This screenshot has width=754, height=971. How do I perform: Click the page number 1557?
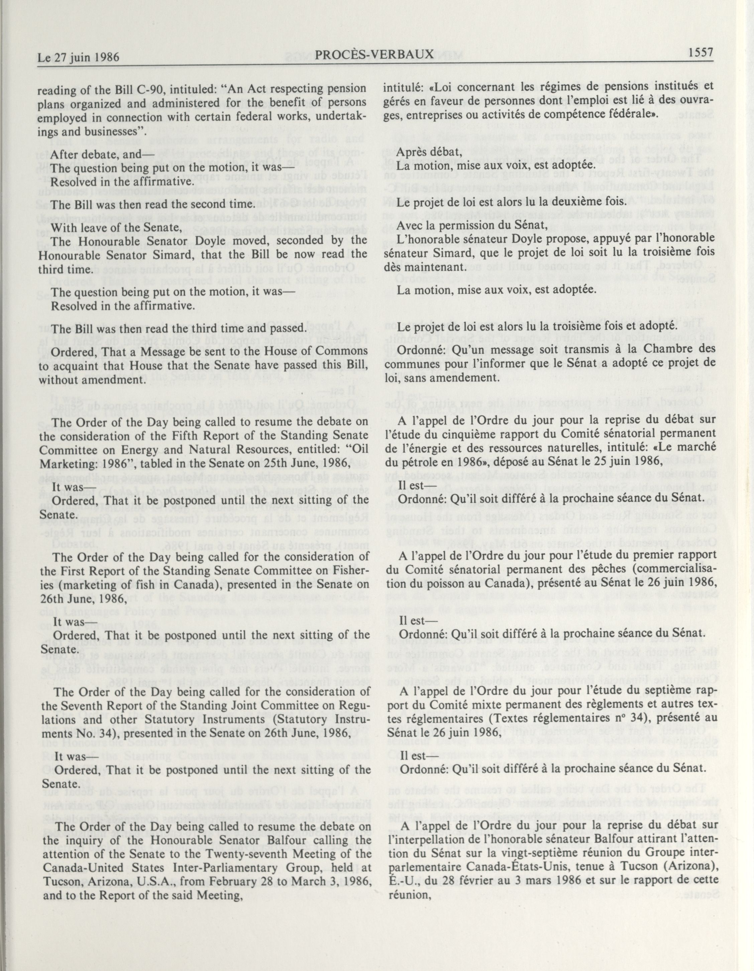[x=700, y=53]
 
